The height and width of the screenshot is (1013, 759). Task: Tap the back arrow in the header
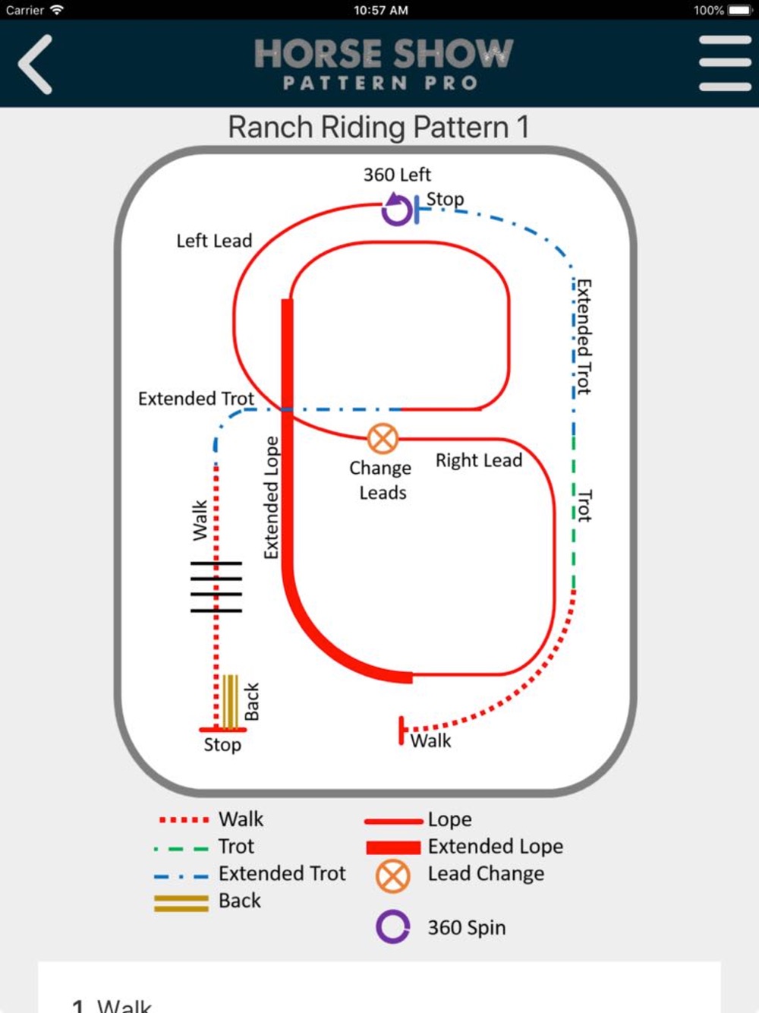point(36,65)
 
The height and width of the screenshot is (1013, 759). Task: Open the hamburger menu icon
point(725,63)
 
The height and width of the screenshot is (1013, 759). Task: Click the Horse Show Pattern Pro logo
point(383,64)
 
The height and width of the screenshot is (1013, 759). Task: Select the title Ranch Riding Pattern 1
point(378,127)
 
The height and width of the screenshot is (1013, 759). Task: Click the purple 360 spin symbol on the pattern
point(397,210)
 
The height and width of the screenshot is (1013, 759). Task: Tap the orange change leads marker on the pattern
point(383,438)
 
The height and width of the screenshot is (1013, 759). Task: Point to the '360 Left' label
point(397,175)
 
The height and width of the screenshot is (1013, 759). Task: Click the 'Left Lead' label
point(214,241)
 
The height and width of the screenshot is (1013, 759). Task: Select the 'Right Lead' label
point(479,460)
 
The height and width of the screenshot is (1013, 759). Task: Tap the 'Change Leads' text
point(381,480)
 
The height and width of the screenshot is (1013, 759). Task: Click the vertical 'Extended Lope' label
point(271,497)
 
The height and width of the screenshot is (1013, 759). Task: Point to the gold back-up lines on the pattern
point(231,700)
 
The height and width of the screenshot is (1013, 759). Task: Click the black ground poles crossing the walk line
point(216,586)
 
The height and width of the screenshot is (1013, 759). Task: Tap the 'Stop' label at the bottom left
point(222,745)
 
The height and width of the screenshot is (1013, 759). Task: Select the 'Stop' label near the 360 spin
point(445,199)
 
